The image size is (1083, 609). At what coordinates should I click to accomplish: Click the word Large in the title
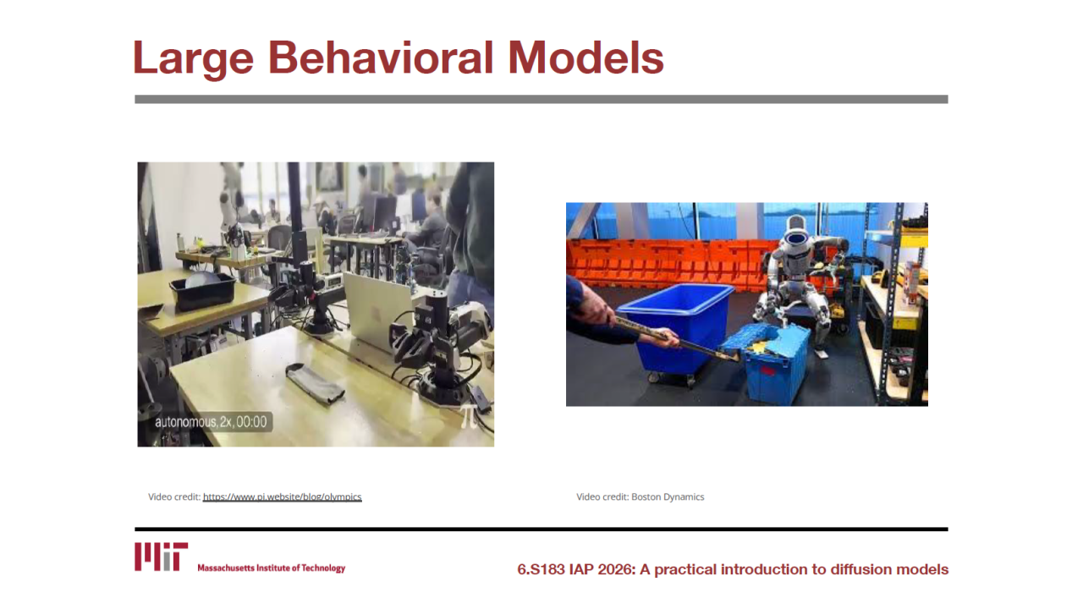click(193, 58)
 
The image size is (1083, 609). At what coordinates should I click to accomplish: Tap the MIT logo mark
click(161, 557)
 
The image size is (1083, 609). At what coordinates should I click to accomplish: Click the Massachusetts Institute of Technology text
click(272, 568)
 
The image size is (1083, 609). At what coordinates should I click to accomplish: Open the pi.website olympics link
click(283, 497)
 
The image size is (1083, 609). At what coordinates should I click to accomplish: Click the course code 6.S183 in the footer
click(541, 569)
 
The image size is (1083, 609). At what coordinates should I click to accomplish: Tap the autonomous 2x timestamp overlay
click(211, 422)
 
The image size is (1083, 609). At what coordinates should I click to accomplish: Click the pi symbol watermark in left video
click(468, 417)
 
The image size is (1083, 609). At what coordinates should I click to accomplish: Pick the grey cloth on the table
click(315, 384)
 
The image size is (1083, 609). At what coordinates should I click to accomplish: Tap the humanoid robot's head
click(795, 234)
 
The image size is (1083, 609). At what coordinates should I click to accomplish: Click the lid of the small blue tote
click(764, 337)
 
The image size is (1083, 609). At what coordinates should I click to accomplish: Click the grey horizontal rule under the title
click(541, 99)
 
